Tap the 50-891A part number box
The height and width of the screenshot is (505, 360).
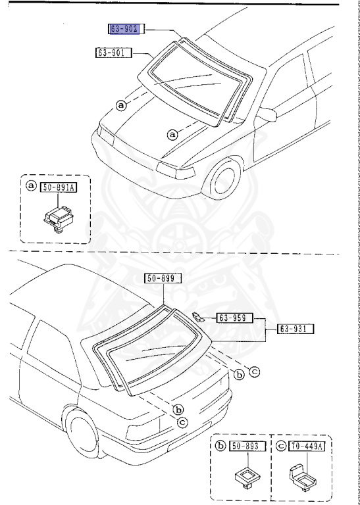[x=59, y=187]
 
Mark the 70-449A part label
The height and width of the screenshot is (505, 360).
[x=309, y=446]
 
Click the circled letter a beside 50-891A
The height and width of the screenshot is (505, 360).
[x=31, y=187]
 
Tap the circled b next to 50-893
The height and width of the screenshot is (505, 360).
[x=219, y=446]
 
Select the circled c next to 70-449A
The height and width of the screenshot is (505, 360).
[x=282, y=446]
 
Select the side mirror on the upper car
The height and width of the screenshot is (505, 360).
[x=267, y=116]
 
